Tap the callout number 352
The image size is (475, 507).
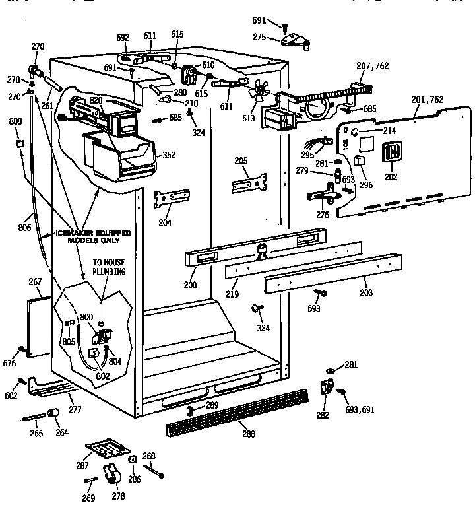[169, 156]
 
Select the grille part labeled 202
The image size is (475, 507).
[391, 153]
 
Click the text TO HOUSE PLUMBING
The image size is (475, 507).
[109, 266]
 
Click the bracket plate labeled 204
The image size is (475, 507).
[171, 199]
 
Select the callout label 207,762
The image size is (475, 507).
[373, 67]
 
